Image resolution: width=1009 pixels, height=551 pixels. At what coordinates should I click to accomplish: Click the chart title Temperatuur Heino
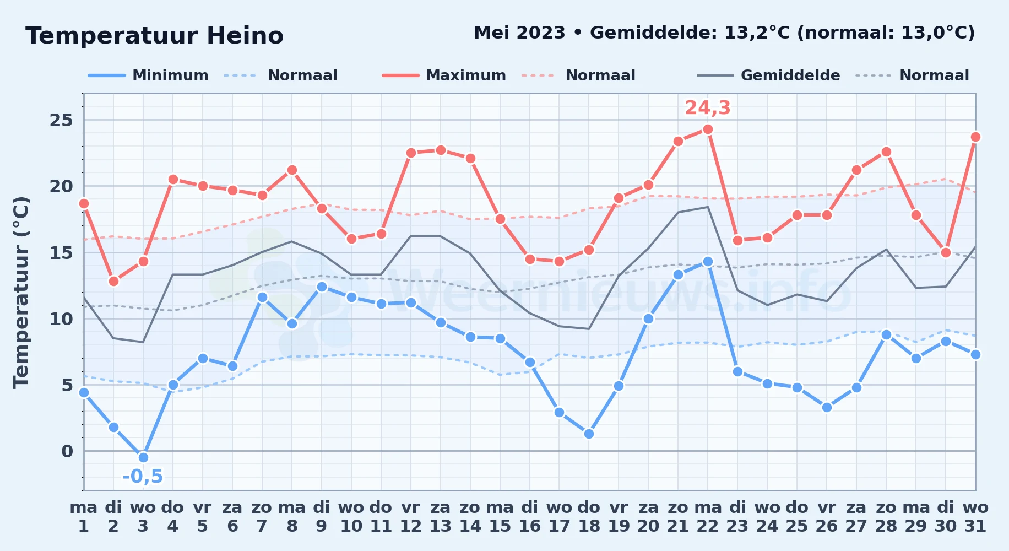pyautogui.click(x=154, y=36)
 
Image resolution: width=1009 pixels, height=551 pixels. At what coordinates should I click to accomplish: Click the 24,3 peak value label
pyautogui.click(x=708, y=108)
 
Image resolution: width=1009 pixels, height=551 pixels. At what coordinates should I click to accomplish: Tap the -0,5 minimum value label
pyautogui.click(x=143, y=476)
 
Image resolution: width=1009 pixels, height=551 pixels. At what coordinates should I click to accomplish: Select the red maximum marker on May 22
pyautogui.click(x=708, y=129)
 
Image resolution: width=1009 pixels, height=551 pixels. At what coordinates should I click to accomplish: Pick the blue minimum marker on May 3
pyautogui.click(x=143, y=457)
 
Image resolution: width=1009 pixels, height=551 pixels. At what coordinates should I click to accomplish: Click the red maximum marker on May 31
pyautogui.click(x=975, y=137)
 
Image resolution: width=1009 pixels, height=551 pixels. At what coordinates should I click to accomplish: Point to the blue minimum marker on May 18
pyautogui.click(x=589, y=434)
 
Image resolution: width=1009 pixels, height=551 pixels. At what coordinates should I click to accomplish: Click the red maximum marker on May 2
pyautogui.click(x=113, y=281)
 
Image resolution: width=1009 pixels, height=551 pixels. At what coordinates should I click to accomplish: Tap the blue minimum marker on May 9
pyautogui.click(x=322, y=287)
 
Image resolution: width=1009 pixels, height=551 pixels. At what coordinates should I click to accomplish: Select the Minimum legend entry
pyautogui.click(x=148, y=75)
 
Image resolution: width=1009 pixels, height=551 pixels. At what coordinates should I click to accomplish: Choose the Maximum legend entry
pyautogui.click(x=444, y=75)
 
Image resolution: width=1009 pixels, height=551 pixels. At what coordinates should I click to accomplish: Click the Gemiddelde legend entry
pyautogui.click(x=768, y=75)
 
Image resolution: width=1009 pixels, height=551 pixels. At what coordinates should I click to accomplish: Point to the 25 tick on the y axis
pyautogui.click(x=61, y=120)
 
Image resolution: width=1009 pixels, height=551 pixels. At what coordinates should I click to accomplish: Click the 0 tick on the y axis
pyautogui.click(x=67, y=451)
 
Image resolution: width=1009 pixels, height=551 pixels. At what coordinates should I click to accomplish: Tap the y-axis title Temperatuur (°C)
pyautogui.click(x=21, y=292)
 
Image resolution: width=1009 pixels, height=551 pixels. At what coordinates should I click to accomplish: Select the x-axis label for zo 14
pyautogui.click(x=470, y=516)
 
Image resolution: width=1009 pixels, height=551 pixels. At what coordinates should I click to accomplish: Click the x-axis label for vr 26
pyautogui.click(x=827, y=516)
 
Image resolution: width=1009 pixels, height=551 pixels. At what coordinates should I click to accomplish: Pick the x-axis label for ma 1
pyautogui.click(x=84, y=516)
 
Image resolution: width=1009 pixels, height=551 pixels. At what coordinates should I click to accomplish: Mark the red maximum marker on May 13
pyautogui.click(x=440, y=150)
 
